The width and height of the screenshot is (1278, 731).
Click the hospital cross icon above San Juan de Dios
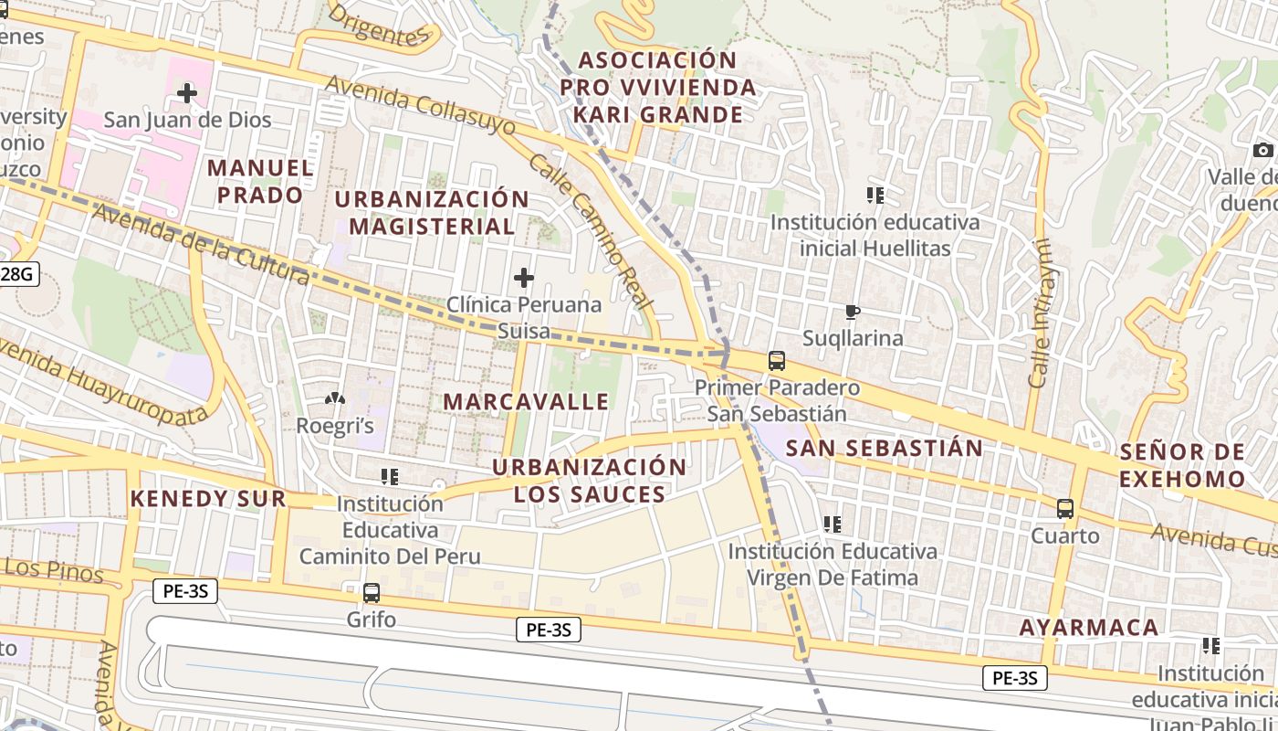pyautogui.click(x=187, y=92)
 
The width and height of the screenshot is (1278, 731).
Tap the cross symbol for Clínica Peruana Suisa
pyautogui.click(x=524, y=277)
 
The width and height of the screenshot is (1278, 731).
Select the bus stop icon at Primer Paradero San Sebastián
pyautogui.click(x=776, y=361)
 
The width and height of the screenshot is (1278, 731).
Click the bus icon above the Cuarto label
pyautogui.click(x=1064, y=509)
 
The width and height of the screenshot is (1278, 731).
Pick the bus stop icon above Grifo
pyautogui.click(x=372, y=592)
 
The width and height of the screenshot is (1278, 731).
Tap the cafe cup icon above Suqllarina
pyautogui.click(x=853, y=313)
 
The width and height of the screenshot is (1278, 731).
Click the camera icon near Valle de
pyautogui.click(x=1262, y=150)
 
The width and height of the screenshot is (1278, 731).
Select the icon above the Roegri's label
pyautogui.click(x=335, y=398)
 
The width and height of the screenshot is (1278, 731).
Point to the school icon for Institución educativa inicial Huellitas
pyautogui.click(x=875, y=195)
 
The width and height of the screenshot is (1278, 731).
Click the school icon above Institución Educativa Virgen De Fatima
pyautogui.click(x=832, y=524)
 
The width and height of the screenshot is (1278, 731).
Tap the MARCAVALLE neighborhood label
pyautogui.click(x=527, y=402)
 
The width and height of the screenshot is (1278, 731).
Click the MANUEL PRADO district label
pyautogui.click(x=260, y=181)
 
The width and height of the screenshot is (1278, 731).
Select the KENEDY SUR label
pyautogui.click(x=208, y=499)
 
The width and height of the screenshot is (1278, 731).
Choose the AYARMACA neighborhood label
pyautogui.click(x=1089, y=628)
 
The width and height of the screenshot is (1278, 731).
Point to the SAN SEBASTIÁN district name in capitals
pyautogui.click(x=885, y=449)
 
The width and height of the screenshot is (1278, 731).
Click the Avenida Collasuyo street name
pyautogui.click(x=420, y=108)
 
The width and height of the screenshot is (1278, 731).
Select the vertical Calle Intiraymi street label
pyautogui.click(x=1039, y=313)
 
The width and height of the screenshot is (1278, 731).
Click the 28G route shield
pyautogui.click(x=18, y=273)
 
